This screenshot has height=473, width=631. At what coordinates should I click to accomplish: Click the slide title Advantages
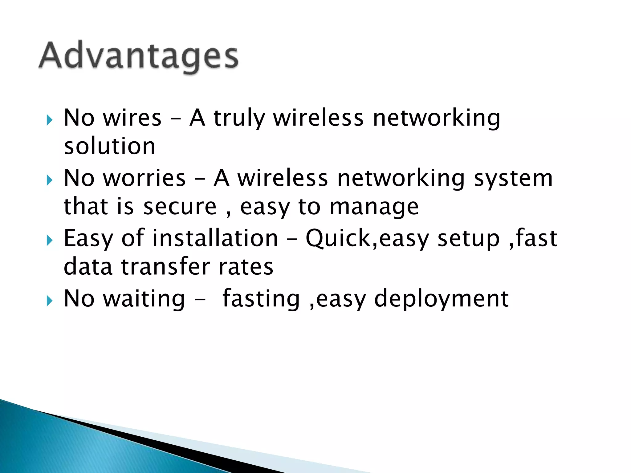(138, 57)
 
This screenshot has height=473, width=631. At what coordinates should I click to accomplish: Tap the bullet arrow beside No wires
(50, 120)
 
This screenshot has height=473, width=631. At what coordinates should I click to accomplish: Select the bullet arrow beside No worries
(50, 180)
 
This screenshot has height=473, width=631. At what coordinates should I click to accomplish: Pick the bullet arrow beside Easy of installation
(50, 241)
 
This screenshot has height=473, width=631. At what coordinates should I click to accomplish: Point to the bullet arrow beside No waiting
(50, 301)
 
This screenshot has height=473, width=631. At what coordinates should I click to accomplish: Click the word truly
(239, 118)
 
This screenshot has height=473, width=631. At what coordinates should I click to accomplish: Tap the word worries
(144, 178)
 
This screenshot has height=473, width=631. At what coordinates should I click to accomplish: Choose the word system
(513, 178)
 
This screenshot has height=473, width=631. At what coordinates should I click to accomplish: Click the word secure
(180, 207)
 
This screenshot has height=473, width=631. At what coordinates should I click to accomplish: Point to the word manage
(374, 207)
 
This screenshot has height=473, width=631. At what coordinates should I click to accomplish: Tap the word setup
(468, 239)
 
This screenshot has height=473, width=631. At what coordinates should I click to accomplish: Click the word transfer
(166, 267)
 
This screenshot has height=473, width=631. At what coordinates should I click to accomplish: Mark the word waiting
(144, 299)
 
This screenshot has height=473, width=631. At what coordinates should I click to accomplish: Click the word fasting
(261, 299)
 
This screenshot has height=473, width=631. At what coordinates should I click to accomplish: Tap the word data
(88, 267)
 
